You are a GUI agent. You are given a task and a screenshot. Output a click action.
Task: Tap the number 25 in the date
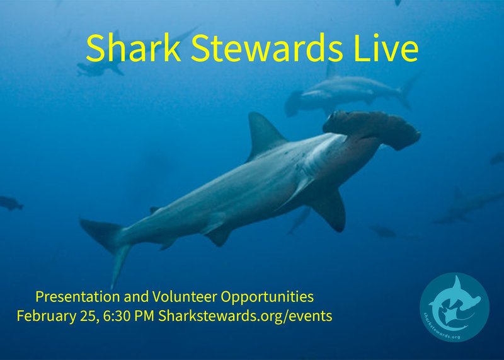pyautogui.click(x=88, y=316)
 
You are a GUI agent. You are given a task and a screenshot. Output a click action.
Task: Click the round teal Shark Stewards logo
pyautogui.click(x=454, y=308)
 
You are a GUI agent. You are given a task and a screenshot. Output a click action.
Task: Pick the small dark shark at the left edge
pyautogui.click(x=10, y=203)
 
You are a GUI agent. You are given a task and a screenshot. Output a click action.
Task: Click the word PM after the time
pyautogui.click(x=146, y=316)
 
